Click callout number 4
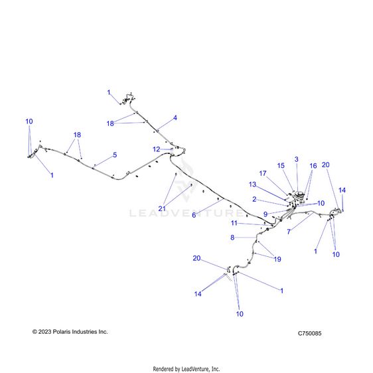[x=175, y=117]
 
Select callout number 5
[x=115, y=155]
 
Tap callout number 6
[x=194, y=215]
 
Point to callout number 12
[x=156, y=149]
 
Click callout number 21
[x=162, y=208]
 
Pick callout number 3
[x=297, y=159]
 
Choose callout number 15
[x=281, y=165]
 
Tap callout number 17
[x=263, y=173]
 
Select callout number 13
[x=252, y=185]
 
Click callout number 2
[x=254, y=199]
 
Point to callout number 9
[x=265, y=214]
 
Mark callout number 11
[x=234, y=223]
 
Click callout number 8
[x=232, y=238]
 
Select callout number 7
[x=289, y=232]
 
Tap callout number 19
[x=277, y=259]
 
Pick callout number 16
[x=313, y=166]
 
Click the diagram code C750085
[x=309, y=333]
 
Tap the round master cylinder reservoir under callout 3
[x=299, y=195]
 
